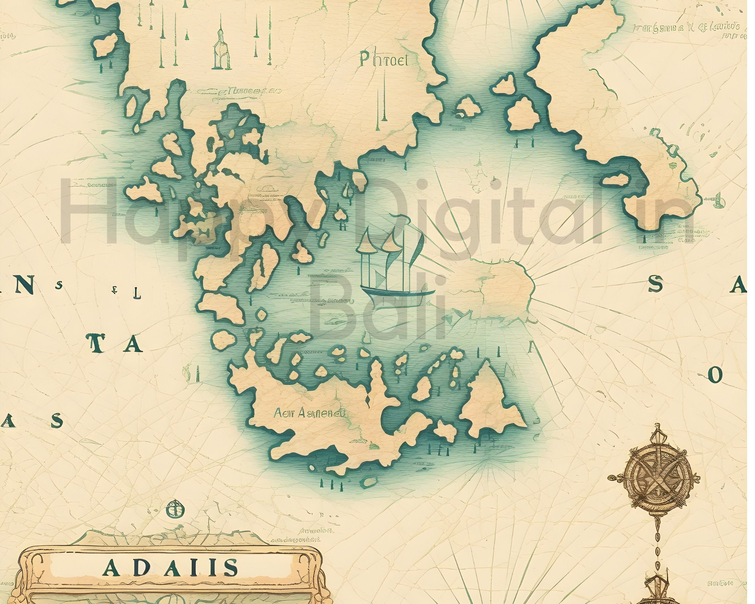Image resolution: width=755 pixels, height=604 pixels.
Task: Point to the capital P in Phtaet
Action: click(x=365, y=59)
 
